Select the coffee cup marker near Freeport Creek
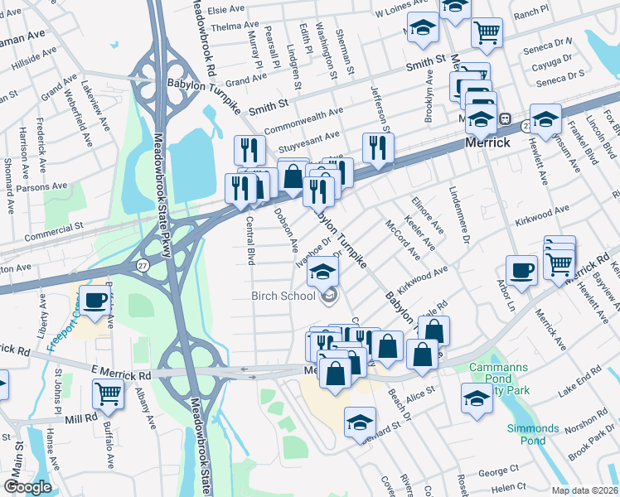tap(95, 300)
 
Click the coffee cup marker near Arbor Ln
tap(521, 271)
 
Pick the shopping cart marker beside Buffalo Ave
tap(109, 396)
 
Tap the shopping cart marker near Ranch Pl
tap(487, 32)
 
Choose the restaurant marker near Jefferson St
tap(378, 148)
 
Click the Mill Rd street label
tap(80, 420)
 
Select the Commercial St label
tap(54, 225)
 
